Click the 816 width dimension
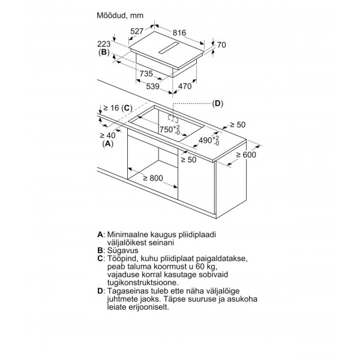point(179,33)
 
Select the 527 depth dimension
point(137,31)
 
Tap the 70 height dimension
point(221,45)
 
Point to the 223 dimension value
point(104,44)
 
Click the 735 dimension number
point(146,73)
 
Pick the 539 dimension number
point(152,86)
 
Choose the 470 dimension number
point(185,86)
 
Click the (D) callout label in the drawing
point(217,104)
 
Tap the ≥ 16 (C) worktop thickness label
point(118,108)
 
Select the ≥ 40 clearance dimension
point(108,136)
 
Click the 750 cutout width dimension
point(170,130)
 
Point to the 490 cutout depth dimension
point(209,140)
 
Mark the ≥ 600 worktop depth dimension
point(246,155)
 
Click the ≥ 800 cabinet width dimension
point(153,178)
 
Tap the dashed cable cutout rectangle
point(173,118)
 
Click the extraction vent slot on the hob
point(170,48)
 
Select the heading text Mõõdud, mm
point(120,16)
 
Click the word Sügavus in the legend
point(123,250)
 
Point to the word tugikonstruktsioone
point(143,283)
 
